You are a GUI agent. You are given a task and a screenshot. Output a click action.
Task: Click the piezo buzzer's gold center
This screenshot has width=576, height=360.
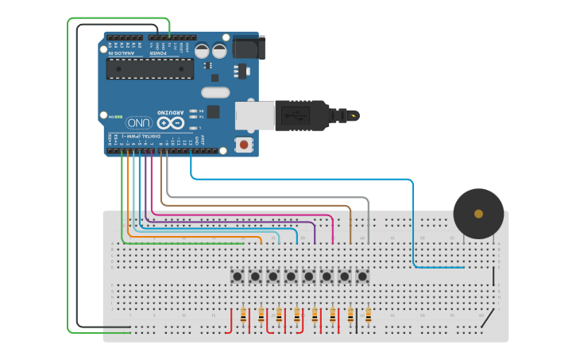point(478,214)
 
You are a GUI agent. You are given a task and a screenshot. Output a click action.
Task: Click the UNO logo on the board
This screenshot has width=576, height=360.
point(139,123)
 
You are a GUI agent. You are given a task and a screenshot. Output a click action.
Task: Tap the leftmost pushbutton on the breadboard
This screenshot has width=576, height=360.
point(238,277)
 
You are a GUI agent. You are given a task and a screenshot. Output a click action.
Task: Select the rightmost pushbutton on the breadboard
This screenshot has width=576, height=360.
point(362,277)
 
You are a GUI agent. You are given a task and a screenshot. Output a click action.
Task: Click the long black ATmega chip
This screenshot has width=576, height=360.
point(150,69)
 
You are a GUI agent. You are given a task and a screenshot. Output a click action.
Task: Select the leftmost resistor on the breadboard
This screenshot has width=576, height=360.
point(243,316)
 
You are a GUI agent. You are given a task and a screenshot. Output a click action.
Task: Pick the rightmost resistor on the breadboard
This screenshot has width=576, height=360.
point(368,316)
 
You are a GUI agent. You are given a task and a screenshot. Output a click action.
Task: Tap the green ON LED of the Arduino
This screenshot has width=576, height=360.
point(118,116)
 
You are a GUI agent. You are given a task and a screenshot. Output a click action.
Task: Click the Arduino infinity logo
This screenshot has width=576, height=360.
point(169,123)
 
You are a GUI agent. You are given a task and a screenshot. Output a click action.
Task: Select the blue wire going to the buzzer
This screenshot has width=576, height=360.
point(413,223)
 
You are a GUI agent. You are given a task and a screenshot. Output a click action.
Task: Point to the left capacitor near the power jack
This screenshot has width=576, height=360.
point(202,50)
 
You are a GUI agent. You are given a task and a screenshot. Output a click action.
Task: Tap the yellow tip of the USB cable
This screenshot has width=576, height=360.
point(354,116)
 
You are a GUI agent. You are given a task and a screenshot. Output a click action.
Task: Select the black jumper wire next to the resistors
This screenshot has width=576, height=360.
point(357,321)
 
